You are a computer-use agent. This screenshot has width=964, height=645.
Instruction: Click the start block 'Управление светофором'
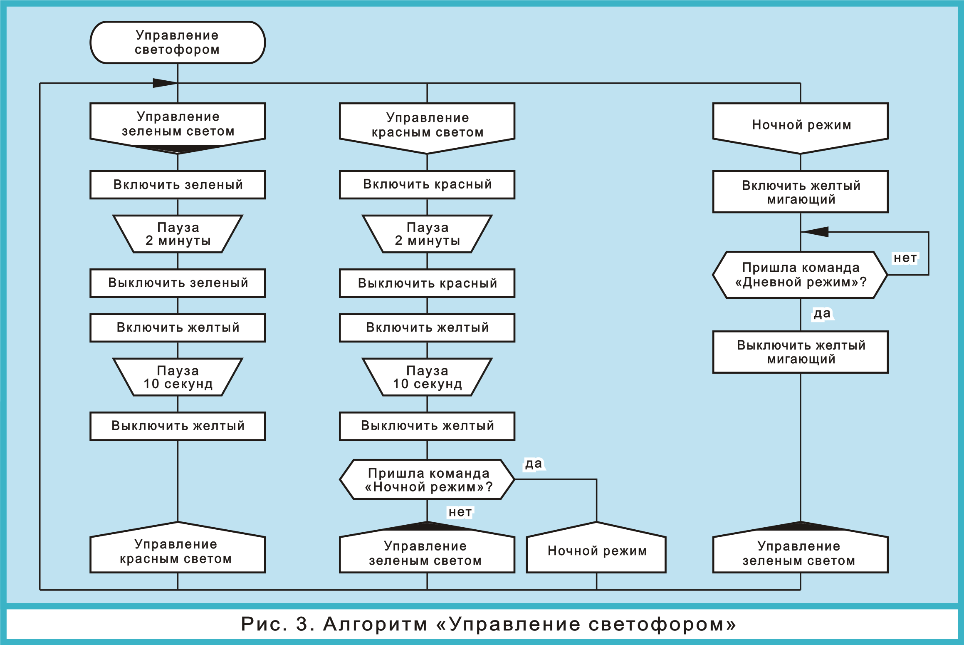[178, 42]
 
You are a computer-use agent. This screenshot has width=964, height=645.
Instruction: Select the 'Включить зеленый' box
[178, 184]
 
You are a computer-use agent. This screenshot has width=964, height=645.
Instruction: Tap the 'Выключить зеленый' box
[178, 283]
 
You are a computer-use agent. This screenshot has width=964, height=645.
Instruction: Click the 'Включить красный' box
[427, 184]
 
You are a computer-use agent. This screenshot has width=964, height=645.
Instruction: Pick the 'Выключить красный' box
[427, 283]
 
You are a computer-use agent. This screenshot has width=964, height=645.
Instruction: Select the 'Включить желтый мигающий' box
[801, 192]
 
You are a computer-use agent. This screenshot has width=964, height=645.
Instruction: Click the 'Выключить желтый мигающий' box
[801, 352]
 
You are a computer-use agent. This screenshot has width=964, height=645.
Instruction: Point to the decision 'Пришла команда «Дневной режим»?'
[801, 275]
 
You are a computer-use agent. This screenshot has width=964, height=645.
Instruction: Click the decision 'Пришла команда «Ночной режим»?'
[428, 479]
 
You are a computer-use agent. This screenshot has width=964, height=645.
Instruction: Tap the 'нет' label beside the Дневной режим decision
[905, 258]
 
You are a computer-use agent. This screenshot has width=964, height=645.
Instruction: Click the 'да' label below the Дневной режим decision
[822, 313]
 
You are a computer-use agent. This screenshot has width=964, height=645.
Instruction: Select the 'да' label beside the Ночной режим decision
[534, 463]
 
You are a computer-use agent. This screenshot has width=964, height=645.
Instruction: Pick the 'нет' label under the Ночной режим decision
[460, 512]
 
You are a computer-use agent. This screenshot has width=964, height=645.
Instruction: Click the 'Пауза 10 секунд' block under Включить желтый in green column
[178, 377]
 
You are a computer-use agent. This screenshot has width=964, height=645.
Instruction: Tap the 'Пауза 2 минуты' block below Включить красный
[427, 234]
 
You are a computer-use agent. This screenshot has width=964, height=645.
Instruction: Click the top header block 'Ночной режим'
[801, 125]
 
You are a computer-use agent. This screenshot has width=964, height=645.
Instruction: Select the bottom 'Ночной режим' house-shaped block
[596, 550]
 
